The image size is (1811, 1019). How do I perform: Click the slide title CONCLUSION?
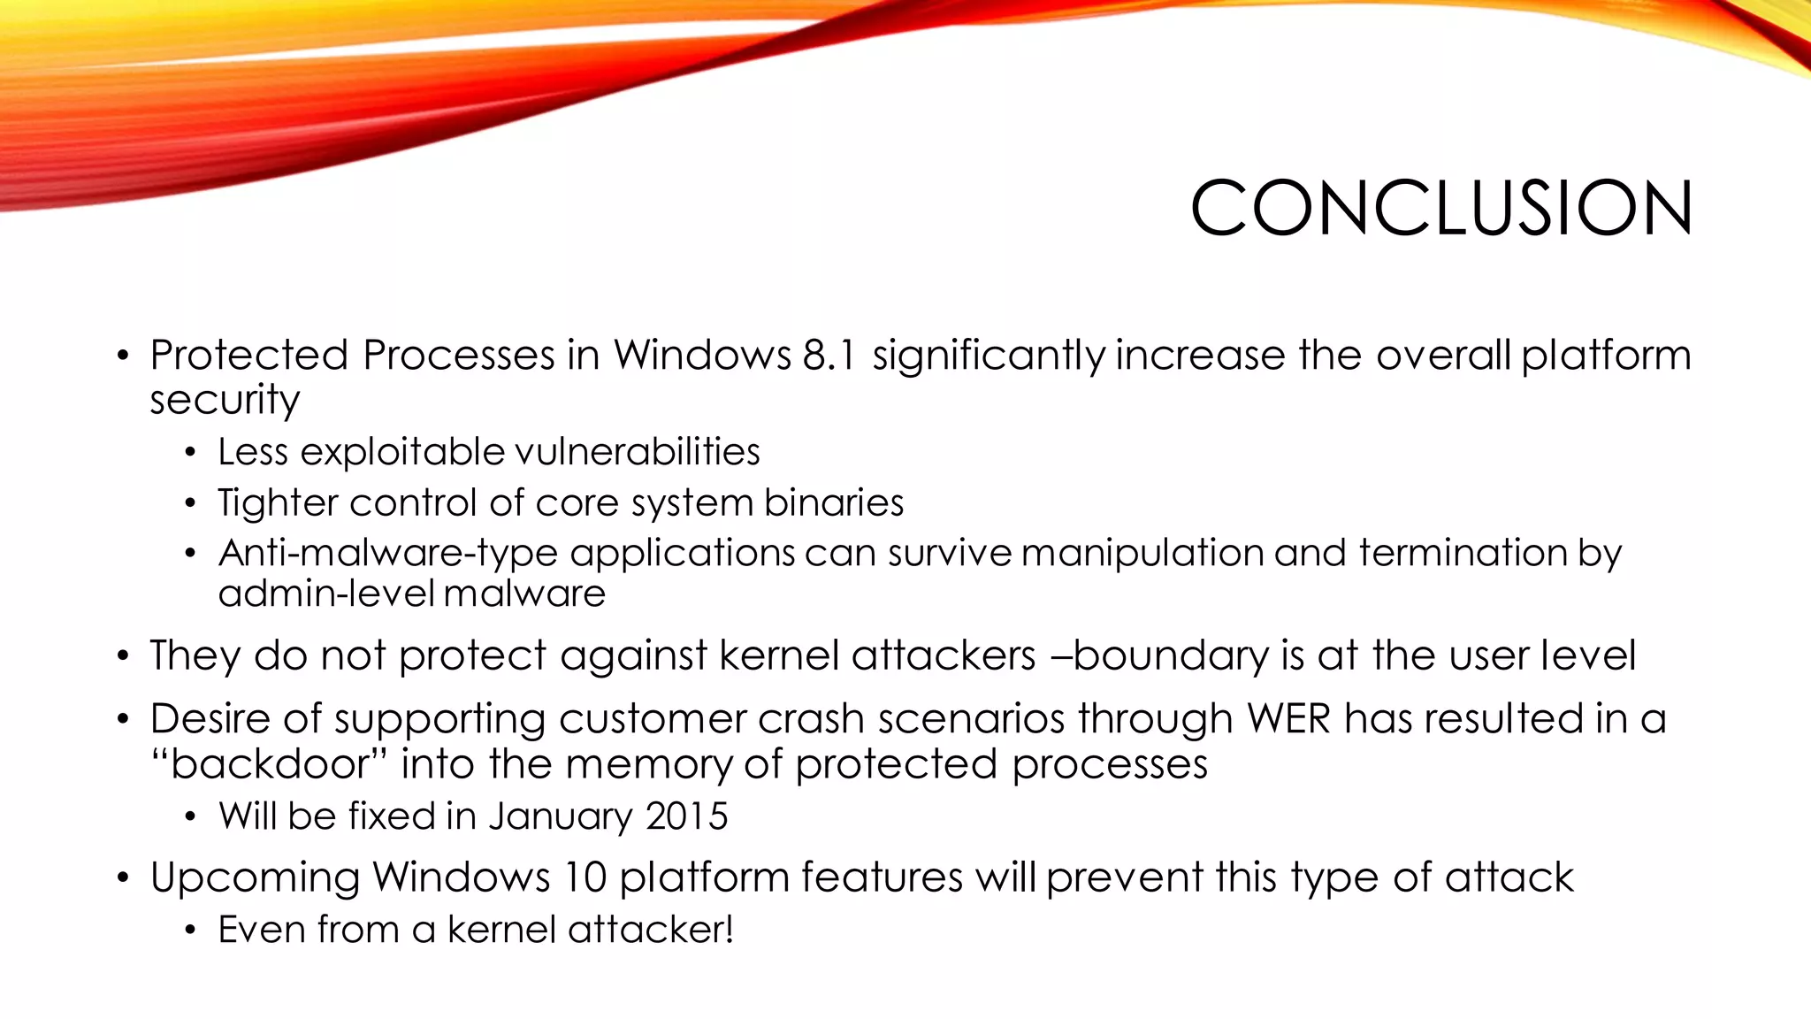pyautogui.click(x=1441, y=209)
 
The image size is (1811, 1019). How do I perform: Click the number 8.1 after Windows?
pyautogui.click(x=829, y=356)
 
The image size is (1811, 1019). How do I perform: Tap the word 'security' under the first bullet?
pyautogui.click(x=225, y=400)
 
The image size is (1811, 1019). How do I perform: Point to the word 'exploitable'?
pyautogui.click(x=402, y=453)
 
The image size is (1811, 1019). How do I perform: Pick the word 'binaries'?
pyautogui.click(x=834, y=502)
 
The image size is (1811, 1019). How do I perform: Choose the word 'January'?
pyautogui.click(x=560, y=816)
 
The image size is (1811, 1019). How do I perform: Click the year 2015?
pyautogui.click(x=686, y=816)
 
